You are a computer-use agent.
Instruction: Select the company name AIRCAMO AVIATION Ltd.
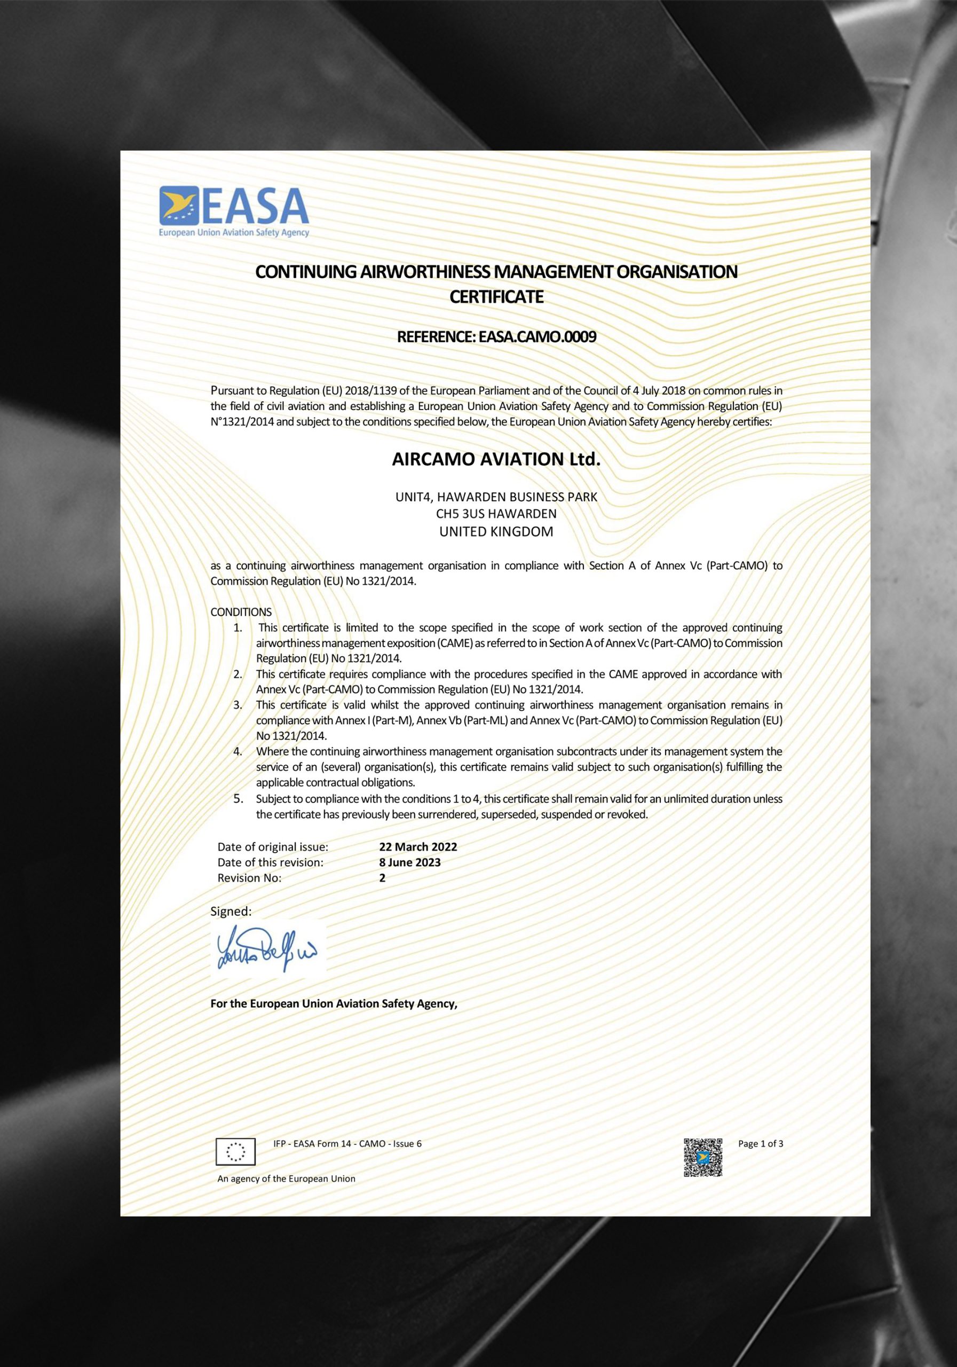pos(496,459)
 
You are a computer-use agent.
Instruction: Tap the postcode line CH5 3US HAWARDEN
pos(496,513)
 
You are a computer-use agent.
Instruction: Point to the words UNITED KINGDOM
pos(496,532)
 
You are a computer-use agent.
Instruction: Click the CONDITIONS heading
pos(241,612)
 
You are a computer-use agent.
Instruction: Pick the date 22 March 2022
pos(418,847)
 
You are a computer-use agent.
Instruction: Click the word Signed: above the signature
pos(231,911)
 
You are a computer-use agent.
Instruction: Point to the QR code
pos(702,1158)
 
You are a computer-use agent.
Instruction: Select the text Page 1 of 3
pos(760,1143)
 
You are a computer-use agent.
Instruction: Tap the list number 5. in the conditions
pos(238,798)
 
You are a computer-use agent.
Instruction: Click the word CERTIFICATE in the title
pos(496,296)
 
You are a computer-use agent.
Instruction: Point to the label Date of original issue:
pos(273,847)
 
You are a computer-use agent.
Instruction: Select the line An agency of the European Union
pos(286,1179)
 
